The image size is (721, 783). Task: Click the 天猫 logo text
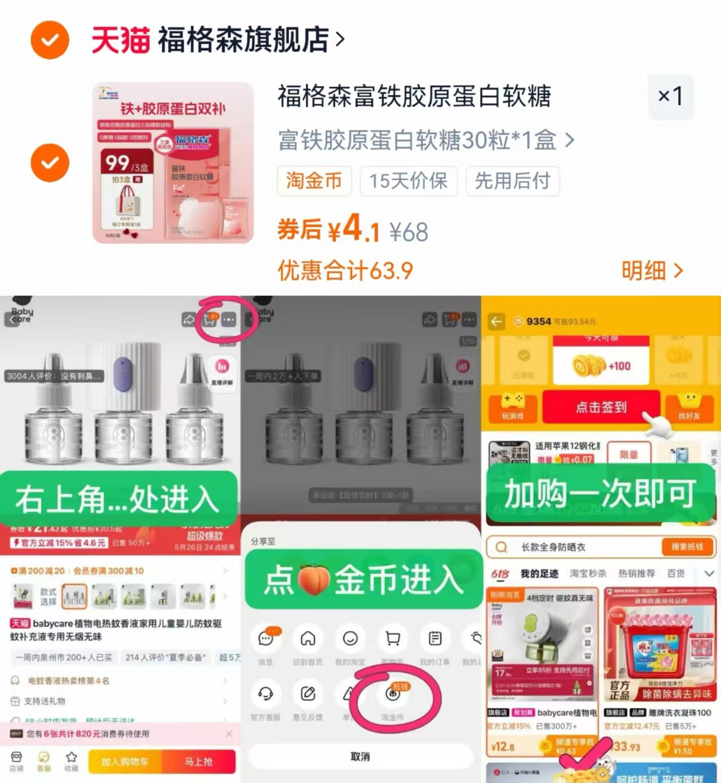click(x=120, y=40)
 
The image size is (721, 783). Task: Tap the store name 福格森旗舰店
click(x=243, y=40)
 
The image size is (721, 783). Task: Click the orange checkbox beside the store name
click(x=50, y=40)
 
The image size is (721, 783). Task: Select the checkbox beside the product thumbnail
click(x=50, y=163)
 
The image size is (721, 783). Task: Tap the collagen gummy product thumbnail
click(x=173, y=163)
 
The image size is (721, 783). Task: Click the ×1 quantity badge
click(x=670, y=96)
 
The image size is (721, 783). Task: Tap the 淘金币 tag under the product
click(x=314, y=181)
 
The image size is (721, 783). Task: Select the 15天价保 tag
click(x=408, y=181)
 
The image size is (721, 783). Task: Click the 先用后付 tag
click(x=512, y=181)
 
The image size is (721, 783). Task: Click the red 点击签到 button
click(x=600, y=407)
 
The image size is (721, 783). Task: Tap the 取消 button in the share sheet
click(x=360, y=757)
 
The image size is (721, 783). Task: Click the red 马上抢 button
click(x=198, y=762)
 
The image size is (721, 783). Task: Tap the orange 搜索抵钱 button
click(x=687, y=547)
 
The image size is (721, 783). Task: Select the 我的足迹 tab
click(x=539, y=573)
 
